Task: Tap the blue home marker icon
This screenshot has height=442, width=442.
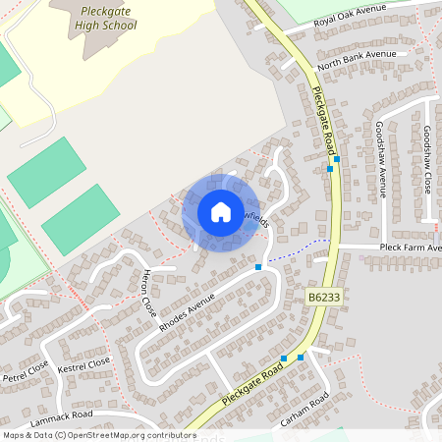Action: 220,211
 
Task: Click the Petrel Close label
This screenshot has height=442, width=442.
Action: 26,370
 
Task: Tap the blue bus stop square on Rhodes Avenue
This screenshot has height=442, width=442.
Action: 258,267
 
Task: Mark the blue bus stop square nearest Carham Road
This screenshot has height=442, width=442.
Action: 301,358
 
